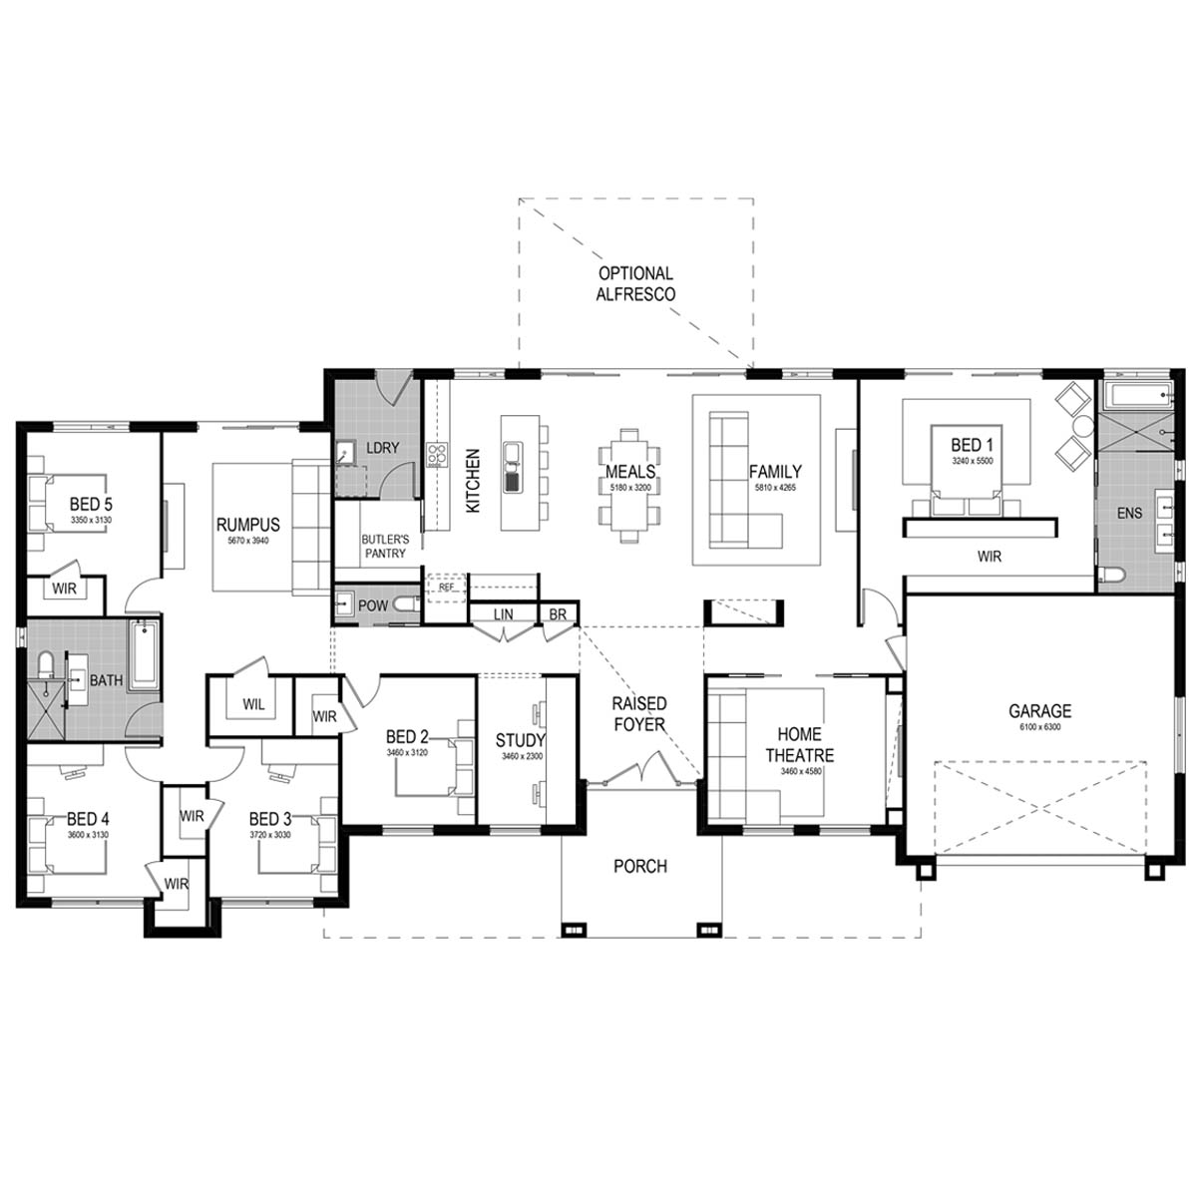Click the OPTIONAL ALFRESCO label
click(635, 283)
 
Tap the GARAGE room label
click(1039, 710)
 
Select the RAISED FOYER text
click(639, 714)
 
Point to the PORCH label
click(640, 866)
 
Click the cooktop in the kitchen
click(437, 454)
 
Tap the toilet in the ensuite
click(1110, 576)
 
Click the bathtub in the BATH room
click(144, 654)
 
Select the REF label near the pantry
click(446, 587)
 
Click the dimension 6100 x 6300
click(1039, 727)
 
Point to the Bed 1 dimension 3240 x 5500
click(973, 461)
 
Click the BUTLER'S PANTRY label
click(385, 546)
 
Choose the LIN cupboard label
click(503, 614)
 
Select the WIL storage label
click(253, 704)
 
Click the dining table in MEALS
click(629, 485)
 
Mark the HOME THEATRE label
click(799, 745)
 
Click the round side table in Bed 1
click(1084, 427)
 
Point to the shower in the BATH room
click(47, 710)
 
